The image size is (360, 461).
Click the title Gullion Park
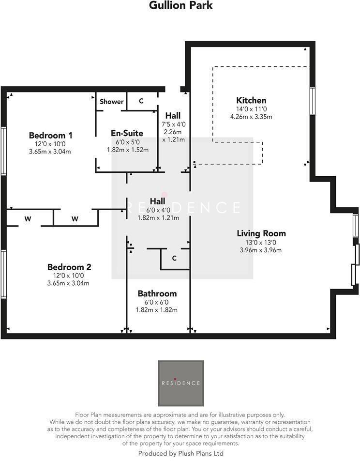(x=180, y=6)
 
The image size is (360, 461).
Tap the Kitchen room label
(x=251, y=100)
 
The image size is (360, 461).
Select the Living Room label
(x=261, y=233)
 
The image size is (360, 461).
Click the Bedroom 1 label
(x=50, y=135)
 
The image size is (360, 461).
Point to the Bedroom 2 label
(x=69, y=267)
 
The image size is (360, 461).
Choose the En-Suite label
(x=127, y=133)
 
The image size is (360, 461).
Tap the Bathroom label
(x=157, y=293)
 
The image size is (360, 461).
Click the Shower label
(x=111, y=102)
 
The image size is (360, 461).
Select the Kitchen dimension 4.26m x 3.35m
(x=251, y=117)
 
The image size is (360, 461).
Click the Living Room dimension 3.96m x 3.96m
(x=261, y=250)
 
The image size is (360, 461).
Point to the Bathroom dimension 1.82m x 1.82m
(x=157, y=310)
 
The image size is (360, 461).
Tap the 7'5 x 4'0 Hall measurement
(x=173, y=124)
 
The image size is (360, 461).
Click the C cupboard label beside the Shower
(x=141, y=101)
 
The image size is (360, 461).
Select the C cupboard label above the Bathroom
(x=174, y=258)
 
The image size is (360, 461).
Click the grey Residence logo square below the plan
(x=180, y=383)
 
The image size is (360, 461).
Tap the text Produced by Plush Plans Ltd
(x=180, y=453)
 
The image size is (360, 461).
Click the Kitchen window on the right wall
(x=312, y=101)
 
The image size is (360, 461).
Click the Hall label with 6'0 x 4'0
(x=157, y=201)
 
